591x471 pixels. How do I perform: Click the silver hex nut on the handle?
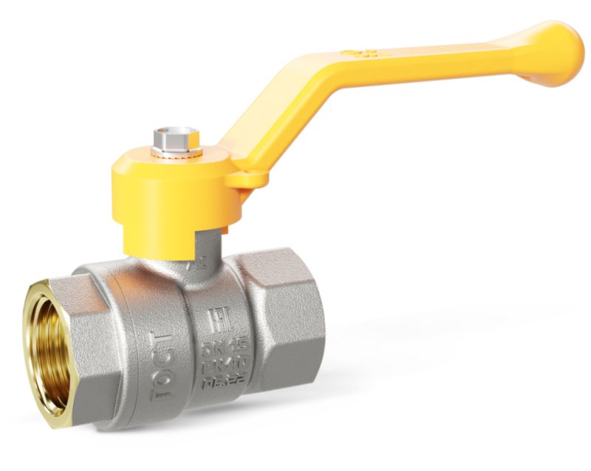177,137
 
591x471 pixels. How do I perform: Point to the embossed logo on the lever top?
360,54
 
